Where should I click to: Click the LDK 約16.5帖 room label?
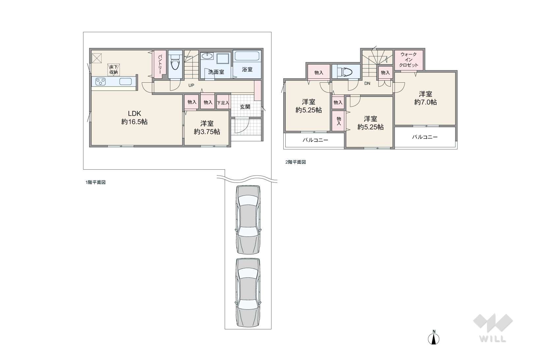(x=134, y=118)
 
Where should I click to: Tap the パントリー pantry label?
(x=160, y=64)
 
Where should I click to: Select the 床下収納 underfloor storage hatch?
(x=114, y=69)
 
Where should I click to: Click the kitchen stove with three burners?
(x=100, y=82)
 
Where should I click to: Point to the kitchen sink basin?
(x=126, y=82)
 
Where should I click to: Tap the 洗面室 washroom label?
(x=216, y=72)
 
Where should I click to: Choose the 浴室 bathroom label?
(x=247, y=69)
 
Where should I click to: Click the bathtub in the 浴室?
(x=247, y=56)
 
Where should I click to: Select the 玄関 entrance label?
(x=245, y=107)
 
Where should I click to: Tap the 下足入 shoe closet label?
(x=223, y=103)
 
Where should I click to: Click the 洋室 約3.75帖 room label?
(x=207, y=127)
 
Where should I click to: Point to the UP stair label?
(x=191, y=85)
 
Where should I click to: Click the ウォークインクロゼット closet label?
(x=409, y=60)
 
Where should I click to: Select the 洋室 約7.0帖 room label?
(x=425, y=98)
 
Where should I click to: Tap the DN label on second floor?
(x=367, y=84)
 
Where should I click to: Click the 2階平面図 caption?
(x=296, y=162)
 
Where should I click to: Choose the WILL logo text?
(x=493, y=339)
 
